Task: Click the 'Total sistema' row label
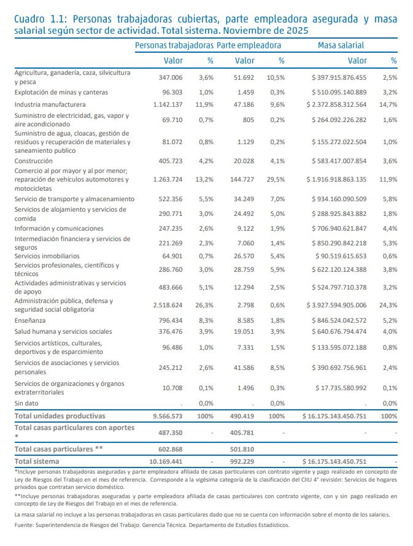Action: click(37, 461)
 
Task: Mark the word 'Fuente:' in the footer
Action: click(26, 526)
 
